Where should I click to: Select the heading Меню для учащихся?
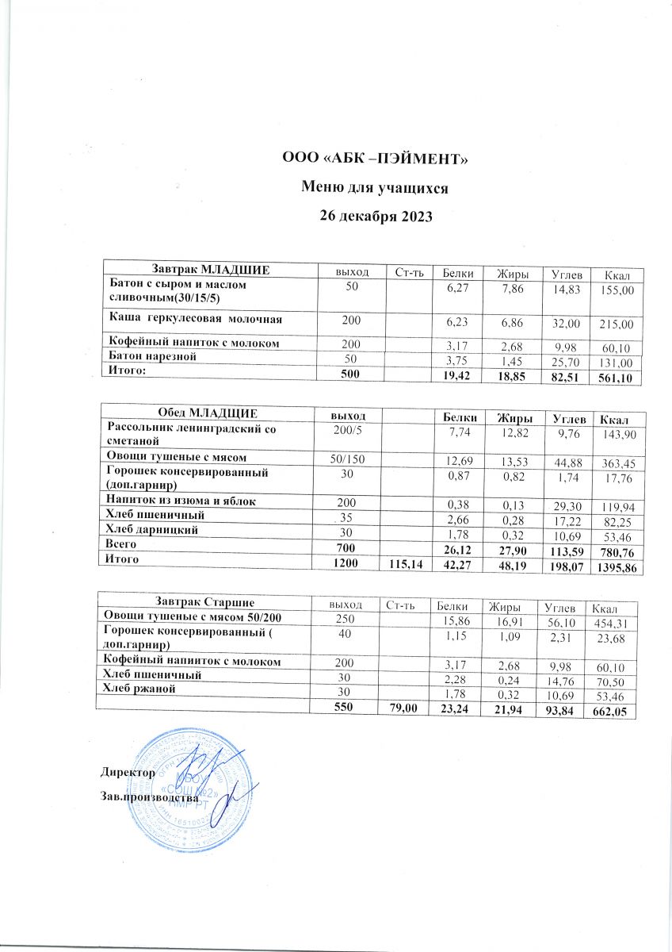click(376, 188)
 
